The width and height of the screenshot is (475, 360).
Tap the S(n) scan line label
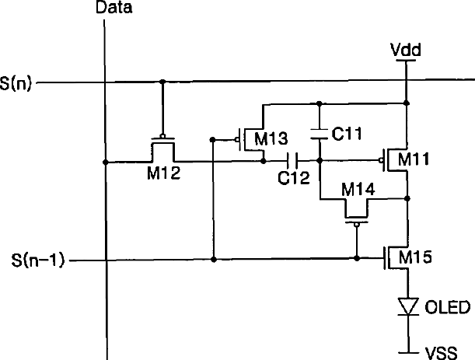[x=16, y=81]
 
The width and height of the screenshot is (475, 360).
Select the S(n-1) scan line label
[x=33, y=258]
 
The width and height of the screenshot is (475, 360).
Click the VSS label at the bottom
[x=440, y=351]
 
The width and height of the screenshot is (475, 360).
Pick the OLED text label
[x=448, y=309]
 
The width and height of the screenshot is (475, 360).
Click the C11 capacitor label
[x=348, y=133]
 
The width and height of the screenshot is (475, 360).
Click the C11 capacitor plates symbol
[x=319, y=134]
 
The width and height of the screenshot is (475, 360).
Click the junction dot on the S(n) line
[x=162, y=81]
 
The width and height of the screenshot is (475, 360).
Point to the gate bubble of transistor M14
[x=356, y=225]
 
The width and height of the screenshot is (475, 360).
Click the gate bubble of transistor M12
[x=162, y=135]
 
